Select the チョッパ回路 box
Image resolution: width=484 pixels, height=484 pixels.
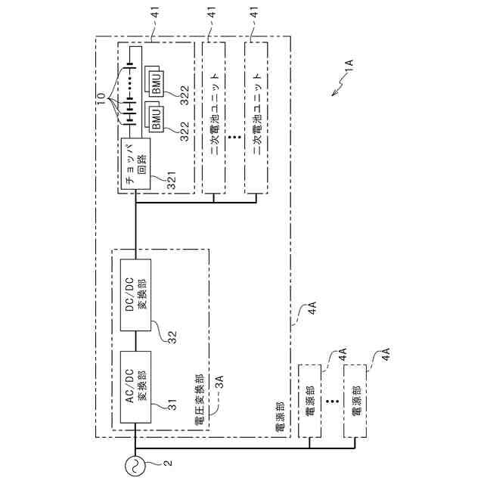coord(135,163)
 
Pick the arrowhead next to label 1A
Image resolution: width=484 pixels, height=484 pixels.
coord(333,94)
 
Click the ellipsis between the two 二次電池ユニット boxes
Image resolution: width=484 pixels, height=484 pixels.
coord(234,138)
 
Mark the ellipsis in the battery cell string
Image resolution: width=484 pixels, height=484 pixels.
coord(129,79)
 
